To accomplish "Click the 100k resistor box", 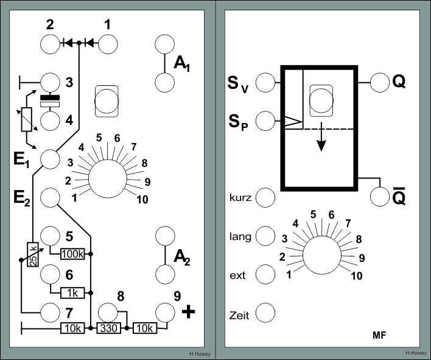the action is pyautogui.click(x=72, y=254).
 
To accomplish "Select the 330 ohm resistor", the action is pyautogui.click(x=108, y=328).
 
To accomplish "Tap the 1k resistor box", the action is pyautogui.click(x=72, y=293).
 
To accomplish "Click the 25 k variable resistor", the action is pyautogui.click(x=33, y=255).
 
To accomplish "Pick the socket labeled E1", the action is pyautogui.click(x=50, y=159).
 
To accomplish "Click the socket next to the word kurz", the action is pyautogui.click(x=265, y=198).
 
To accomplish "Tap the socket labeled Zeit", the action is pyautogui.click(x=265, y=312).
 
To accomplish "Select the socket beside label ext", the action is pyautogui.click(x=265, y=275).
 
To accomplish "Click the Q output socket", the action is pyautogui.click(x=380, y=82).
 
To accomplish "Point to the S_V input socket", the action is pyautogui.click(x=265, y=82).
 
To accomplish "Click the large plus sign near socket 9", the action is pyautogui.click(x=189, y=312).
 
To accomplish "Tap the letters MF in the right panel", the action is pyautogui.click(x=379, y=335).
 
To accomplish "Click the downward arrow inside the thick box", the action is pyautogui.click(x=321, y=136).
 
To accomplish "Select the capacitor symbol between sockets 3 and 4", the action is pyautogui.click(x=50, y=101).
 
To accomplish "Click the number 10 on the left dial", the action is pyautogui.click(x=142, y=200).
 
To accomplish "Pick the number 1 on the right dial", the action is pyautogui.click(x=289, y=275).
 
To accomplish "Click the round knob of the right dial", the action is pyautogui.click(x=322, y=255).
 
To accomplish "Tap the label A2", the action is pyautogui.click(x=182, y=258).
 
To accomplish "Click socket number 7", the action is pyautogui.click(x=50, y=312).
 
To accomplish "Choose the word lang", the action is pyautogui.click(x=240, y=237).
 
